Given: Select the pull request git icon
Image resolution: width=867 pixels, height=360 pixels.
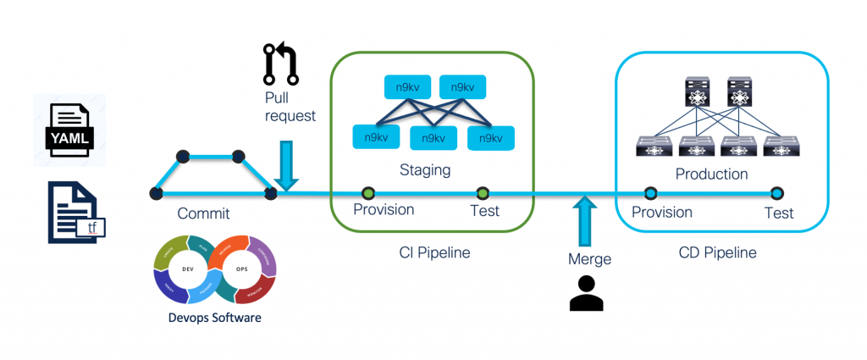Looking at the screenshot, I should (281, 64).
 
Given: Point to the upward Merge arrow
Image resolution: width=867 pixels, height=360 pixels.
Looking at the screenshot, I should (583, 222).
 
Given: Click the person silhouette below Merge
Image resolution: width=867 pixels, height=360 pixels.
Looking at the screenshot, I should (586, 292).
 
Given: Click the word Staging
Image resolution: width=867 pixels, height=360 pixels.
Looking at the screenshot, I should (425, 170).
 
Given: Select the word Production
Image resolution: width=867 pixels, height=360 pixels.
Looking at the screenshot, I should (711, 174).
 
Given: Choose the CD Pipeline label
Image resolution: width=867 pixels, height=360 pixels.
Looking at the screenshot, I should (717, 252).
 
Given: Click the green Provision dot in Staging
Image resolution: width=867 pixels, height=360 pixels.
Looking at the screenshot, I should (367, 193).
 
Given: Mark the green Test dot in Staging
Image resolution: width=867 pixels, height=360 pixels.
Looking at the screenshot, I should (483, 193).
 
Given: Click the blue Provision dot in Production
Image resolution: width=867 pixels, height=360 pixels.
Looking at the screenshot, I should (651, 193).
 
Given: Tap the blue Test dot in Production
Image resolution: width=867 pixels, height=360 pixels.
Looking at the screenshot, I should (777, 193).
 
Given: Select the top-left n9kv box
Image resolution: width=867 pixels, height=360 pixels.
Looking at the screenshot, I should (408, 86).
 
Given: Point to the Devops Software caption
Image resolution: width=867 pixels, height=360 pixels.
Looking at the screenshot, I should (216, 317).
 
